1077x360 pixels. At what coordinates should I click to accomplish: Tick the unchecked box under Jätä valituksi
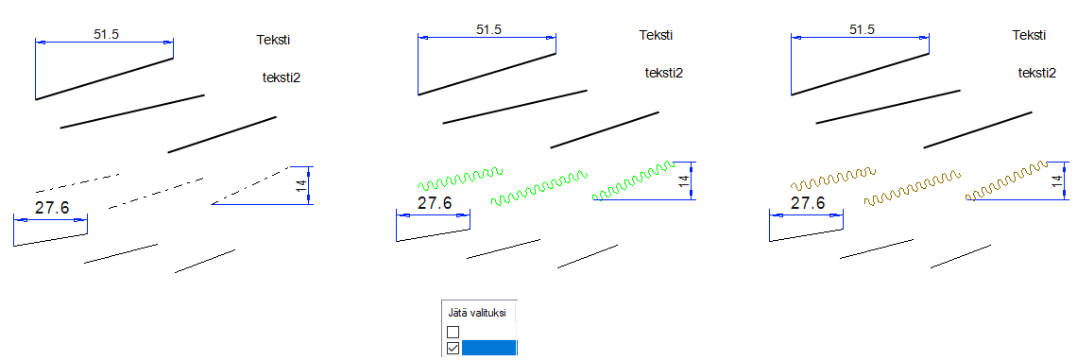[453, 332]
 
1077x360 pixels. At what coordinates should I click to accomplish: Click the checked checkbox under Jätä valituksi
[453, 349]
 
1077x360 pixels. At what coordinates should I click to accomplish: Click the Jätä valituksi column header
[477, 314]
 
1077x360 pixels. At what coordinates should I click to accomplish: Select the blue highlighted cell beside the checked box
[489, 348]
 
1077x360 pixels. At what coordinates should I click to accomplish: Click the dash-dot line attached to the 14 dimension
[250, 185]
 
